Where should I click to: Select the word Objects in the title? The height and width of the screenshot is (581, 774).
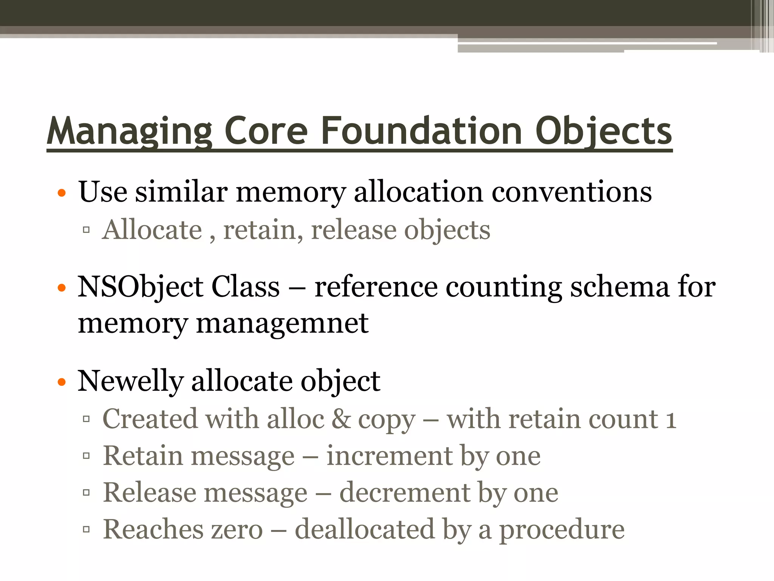(604, 131)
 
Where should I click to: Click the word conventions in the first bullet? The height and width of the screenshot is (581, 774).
(571, 192)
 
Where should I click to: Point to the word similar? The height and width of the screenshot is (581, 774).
(181, 191)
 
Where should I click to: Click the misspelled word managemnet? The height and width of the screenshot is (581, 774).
(282, 324)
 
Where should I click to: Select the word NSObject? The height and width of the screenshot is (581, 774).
(140, 286)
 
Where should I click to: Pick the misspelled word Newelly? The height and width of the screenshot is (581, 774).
(130, 381)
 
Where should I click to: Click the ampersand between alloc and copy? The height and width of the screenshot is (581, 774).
(341, 419)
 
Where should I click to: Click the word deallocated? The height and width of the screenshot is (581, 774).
(365, 530)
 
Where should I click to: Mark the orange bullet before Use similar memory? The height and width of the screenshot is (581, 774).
(62, 194)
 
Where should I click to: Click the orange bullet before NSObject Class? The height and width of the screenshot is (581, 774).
(62, 289)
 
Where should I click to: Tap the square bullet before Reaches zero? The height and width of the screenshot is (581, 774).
(86, 529)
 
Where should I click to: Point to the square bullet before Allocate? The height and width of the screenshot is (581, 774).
(86, 230)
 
